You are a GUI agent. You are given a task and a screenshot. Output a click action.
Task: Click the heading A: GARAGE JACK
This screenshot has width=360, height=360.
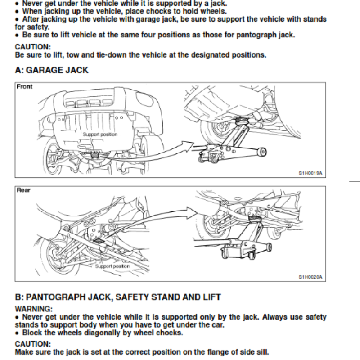tap(52, 70)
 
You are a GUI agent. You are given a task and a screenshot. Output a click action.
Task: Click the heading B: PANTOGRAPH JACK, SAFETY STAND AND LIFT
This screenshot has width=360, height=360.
tap(118, 297)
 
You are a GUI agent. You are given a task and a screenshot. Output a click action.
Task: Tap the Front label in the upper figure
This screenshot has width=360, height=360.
tap(25, 87)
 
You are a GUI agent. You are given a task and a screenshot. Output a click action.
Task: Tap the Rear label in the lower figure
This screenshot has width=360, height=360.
tap(23, 190)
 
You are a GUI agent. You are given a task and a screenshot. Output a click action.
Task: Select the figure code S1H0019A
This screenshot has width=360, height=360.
tap(310, 172)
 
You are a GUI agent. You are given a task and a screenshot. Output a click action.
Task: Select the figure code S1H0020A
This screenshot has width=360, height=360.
tap(310, 277)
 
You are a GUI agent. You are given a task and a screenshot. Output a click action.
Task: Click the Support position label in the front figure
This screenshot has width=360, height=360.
tap(99, 135)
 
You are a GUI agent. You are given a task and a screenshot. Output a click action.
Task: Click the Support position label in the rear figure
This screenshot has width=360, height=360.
tap(112, 266)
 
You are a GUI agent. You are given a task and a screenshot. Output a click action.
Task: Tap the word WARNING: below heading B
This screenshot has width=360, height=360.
tap(34, 309)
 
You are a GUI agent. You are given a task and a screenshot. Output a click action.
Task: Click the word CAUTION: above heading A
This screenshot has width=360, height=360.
tap(33, 47)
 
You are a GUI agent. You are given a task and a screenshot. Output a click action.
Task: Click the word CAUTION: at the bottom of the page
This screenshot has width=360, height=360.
tap(33, 344)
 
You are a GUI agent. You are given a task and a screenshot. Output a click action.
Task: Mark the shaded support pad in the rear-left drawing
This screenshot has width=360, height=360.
tap(100, 243)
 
